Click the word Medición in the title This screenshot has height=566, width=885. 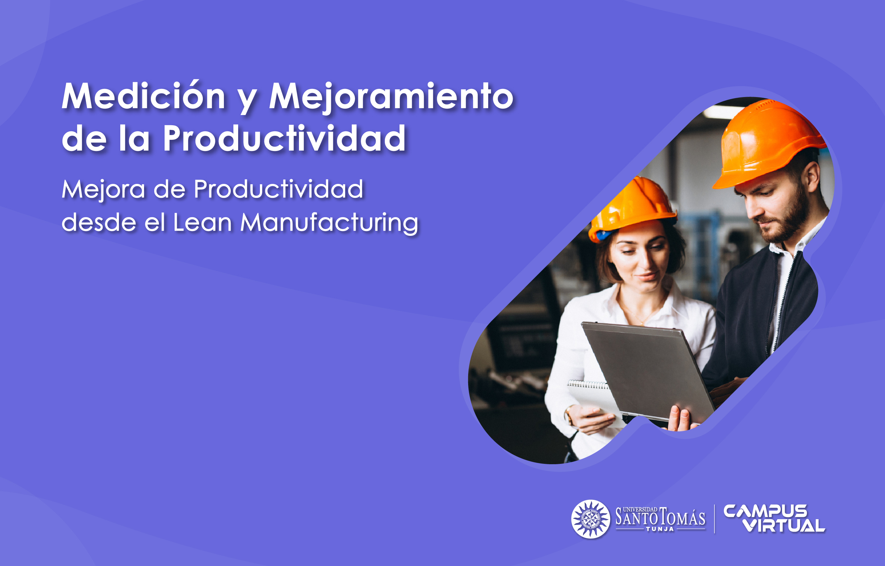tap(143, 96)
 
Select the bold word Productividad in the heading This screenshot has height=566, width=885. tap(284, 138)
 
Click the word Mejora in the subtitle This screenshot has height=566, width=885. tap(103, 190)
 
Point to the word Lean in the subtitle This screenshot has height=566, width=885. tap(202, 223)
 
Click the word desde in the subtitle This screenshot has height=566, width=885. tap(99, 223)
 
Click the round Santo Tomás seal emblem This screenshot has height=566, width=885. tap(590, 519)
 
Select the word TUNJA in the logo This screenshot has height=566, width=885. tap(660, 529)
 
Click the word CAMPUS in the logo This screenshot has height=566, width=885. tap(765, 511)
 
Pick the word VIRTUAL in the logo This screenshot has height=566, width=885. tap(784, 526)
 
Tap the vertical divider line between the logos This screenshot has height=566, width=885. tap(714, 519)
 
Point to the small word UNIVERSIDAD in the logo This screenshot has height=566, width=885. tap(640, 509)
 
